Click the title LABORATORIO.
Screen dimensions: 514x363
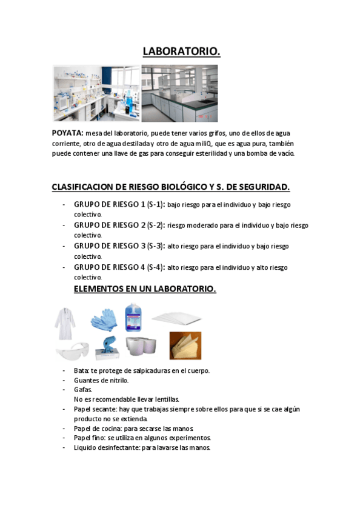tap(181, 52)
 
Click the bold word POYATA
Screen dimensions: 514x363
tap(67, 132)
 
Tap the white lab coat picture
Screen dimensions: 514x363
tap(65, 322)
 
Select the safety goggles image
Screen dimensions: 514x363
tap(72, 350)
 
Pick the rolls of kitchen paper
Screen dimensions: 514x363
tap(141, 346)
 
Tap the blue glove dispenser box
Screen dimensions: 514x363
tap(107, 347)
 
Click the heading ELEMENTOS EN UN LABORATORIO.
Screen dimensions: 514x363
tap(144, 289)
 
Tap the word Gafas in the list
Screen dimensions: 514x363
tap(82, 390)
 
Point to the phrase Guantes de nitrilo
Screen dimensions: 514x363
tap(101, 380)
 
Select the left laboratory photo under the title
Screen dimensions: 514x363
tap(96, 93)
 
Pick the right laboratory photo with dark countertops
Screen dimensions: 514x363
tap(179, 93)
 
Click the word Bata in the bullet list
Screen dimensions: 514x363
tap(81, 370)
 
